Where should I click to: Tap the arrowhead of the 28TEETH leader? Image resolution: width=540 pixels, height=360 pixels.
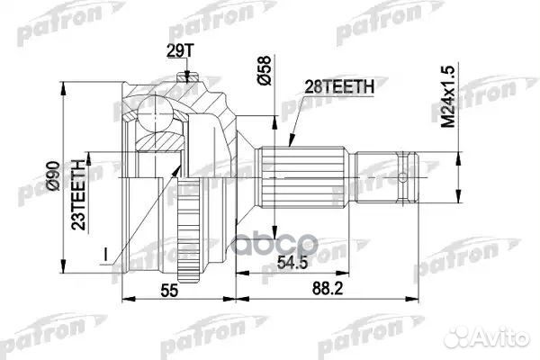tap(290, 143)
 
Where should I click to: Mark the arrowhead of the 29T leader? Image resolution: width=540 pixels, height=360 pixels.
tap(187, 81)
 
